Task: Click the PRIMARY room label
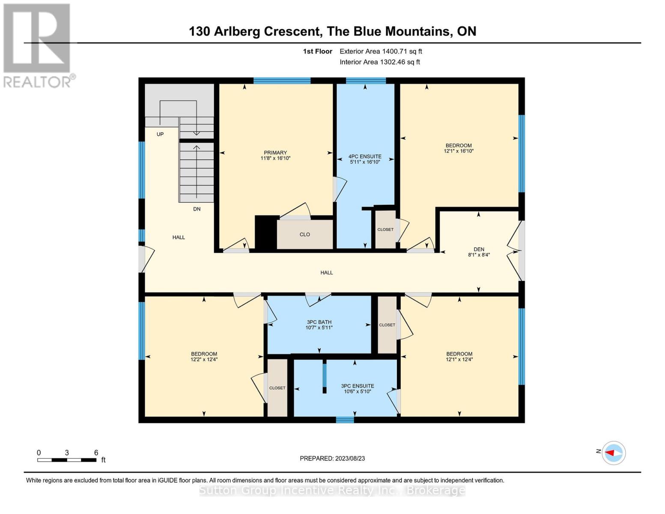[x=275, y=152]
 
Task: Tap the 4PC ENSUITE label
[x=365, y=156]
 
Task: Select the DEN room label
[x=479, y=249]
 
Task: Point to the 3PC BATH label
[x=319, y=322]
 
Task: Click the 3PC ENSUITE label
[x=358, y=386]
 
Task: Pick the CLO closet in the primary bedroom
[x=305, y=234]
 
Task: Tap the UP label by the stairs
[x=160, y=134]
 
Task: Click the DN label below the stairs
[x=197, y=209]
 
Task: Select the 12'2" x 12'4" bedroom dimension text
[x=204, y=359]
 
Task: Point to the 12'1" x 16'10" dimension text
[x=459, y=151]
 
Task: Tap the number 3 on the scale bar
[x=67, y=452]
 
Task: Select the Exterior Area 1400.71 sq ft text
[x=381, y=51]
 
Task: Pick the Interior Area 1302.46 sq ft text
[x=380, y=62]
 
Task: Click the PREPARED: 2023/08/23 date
[x=332, y=458]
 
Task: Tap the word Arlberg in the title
[x=237, y=31]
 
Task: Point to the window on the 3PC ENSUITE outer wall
[x=345, y=420]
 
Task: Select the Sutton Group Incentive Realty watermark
[x=332, y=490]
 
